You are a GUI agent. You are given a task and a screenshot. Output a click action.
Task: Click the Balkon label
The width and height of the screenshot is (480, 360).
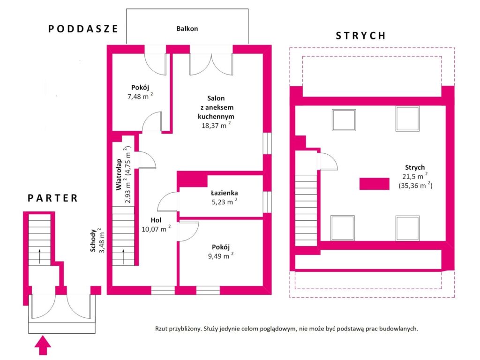(x=187, y=29)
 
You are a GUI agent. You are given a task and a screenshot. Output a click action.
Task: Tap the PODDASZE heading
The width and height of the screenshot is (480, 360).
(x=83, y=29)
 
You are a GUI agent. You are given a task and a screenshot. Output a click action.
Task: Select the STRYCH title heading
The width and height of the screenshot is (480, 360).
(x=360, y=36)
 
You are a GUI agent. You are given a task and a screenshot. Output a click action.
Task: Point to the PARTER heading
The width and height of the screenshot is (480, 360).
(x=52, y=198)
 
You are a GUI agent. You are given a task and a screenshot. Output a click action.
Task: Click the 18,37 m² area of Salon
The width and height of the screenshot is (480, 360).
(x=216, y=125)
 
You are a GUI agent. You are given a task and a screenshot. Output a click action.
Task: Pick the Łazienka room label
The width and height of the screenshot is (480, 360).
(x=225, y=193)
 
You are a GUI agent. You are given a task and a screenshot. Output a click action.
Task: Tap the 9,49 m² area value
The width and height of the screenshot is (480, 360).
(x=221, y=255)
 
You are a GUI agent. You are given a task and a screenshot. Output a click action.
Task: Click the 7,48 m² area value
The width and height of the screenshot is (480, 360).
(x=140, y=96)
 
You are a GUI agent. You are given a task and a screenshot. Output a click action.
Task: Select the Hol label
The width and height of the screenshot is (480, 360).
(x=156, y=220)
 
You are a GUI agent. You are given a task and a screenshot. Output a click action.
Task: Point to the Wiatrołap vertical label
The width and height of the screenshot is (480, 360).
(x=119, y=174)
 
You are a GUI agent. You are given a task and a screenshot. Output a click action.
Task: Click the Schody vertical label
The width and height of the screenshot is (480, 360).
(x=93, y=240)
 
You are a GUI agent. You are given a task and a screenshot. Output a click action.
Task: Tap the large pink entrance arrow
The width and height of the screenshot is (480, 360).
(x=43, y=345)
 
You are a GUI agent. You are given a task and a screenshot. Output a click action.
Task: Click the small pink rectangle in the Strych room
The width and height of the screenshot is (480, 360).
(x=374, y=184)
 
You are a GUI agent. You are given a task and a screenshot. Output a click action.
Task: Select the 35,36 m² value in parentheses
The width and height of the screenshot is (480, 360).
(x=415, y=185)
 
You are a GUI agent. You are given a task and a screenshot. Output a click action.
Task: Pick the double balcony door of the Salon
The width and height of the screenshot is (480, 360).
(x=211, y=64)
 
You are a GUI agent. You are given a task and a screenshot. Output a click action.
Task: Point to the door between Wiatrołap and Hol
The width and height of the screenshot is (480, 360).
(x=148, y=160)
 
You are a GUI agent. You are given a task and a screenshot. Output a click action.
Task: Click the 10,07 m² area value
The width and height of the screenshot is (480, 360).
(x=156, y=229)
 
